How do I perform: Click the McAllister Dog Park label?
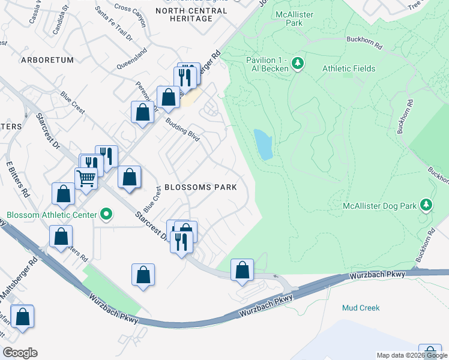[379, 206]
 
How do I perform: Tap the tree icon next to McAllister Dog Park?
[426, 205]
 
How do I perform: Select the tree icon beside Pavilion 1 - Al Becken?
[297, 63]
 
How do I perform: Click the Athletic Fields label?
[349, 68]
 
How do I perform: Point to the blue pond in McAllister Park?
[263, 145]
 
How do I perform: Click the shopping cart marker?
[86, 178]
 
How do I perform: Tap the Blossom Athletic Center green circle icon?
[107, 214]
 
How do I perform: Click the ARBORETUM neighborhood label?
[47, 60]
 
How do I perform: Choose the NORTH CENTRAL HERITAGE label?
[184, 14]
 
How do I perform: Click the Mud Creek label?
[361, 308]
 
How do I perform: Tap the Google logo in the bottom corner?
[20, 353]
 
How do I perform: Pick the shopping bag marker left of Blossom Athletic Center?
[63, 194]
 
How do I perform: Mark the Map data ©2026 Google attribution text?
[411, 355]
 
